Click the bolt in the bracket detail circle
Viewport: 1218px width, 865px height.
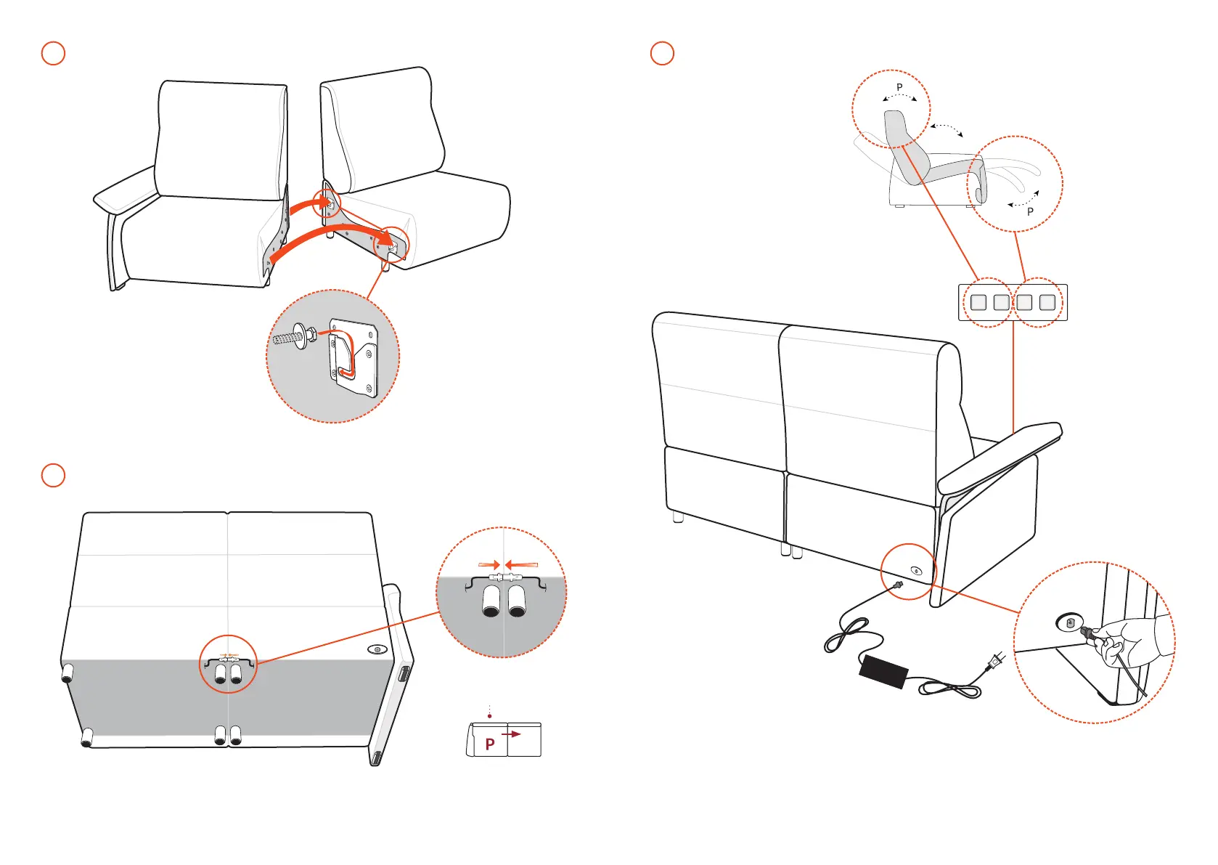(292, 337)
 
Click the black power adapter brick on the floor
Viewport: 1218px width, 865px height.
(883, 671)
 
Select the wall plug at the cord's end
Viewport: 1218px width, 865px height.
(994, 662)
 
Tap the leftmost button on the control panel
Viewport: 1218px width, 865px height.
(978, 302)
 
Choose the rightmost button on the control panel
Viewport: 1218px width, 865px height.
(1047, 302)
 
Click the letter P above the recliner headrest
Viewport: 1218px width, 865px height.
(899, 87)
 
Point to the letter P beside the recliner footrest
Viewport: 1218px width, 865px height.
(1030, 212)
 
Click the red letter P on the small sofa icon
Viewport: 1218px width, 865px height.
(490, 744)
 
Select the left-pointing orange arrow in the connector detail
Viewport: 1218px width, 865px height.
(522, 564)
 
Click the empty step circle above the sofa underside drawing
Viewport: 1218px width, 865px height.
(53, 475)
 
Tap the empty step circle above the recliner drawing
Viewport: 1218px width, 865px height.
(662, 53)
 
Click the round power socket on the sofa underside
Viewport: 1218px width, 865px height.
(376, 649)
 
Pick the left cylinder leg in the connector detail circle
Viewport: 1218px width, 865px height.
(491, 601)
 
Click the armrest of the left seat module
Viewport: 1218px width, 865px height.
(125, 188)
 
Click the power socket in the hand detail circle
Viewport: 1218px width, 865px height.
(1069, 622)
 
